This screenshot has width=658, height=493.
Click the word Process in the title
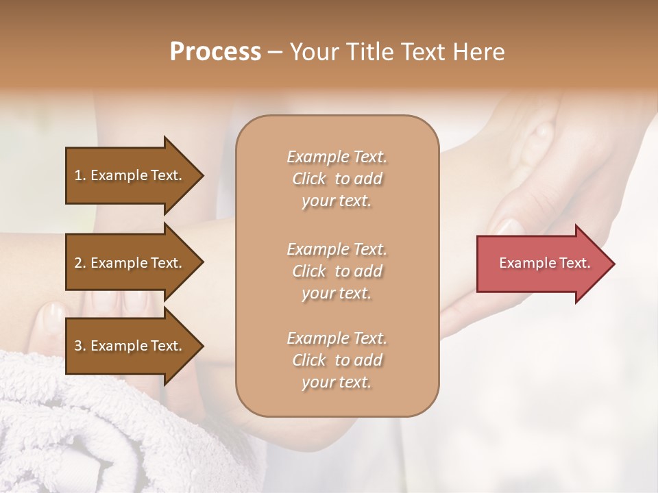pyautogui.click(x=215, y=52)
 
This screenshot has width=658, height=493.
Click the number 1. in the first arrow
pyautogui.click(x=80, y=175)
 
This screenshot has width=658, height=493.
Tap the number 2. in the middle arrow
pyautogui.click(x=80, y=263)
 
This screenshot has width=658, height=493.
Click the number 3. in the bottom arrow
pyautogui.click(x=80, y=346)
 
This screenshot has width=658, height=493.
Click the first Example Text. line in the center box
pyautogui.click(x=337, y=157)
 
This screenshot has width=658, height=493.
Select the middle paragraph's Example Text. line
pyautogui.click(x=337, y=249)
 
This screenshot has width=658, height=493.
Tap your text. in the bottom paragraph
pyautogui.click(x=337, y=382)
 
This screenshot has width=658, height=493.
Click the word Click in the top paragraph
pyautogui.click(x=309, y=179)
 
